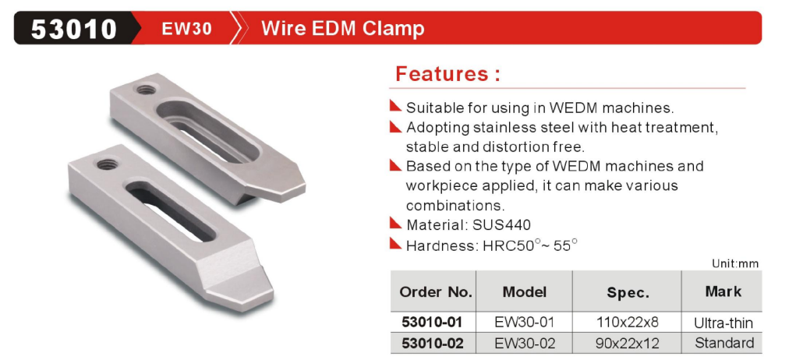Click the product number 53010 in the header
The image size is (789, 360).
coord(73,29)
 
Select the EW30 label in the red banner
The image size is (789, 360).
coord(186,29)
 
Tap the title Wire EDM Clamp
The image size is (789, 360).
coord(343,29)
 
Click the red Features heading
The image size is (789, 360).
coord(448,74)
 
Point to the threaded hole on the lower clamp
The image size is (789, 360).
coord(105,163)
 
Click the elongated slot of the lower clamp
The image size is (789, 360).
coord(172,210)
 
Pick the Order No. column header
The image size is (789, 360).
coord(436,292)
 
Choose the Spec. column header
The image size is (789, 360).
coord(627,293)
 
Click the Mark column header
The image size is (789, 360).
coord(723,291)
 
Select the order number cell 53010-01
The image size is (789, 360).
coord(432,322)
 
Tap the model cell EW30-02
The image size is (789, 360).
coord(525,344)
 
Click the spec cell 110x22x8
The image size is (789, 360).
coord(627,322)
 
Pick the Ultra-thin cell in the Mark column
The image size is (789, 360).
coord(724,323)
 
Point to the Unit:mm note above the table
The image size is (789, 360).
coord(735,263)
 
